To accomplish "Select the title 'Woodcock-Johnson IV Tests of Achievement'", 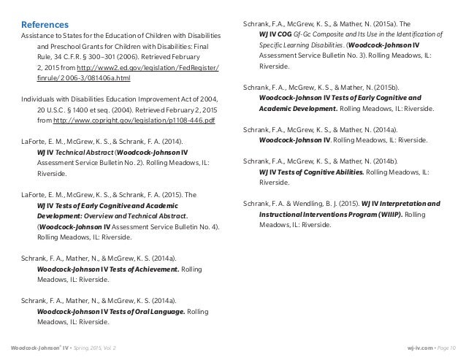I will tap(107, 269).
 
